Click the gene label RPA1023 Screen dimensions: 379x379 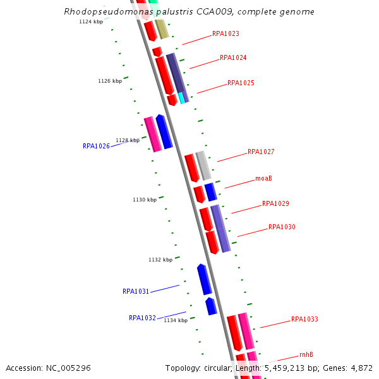(226, 33)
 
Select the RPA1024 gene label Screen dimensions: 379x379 (233, 58)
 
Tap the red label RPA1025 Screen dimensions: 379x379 (241, 83)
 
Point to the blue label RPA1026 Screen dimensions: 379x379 (96, 146)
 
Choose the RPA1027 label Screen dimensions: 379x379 (261, 152)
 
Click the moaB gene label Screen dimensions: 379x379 (263, 178)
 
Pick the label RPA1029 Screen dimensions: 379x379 (275, 204)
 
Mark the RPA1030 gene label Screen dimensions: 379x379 (282, 227)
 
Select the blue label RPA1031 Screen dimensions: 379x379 (136, 292)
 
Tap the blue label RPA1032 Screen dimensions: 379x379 (142, 318)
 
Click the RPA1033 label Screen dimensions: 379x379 (304, 320)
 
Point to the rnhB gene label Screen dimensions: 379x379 (306, 355)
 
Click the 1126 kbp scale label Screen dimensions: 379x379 (110, 81)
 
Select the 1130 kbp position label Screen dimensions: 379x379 (145, 200)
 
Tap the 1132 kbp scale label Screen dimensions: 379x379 (160, 260)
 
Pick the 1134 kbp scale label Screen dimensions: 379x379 (176, 320)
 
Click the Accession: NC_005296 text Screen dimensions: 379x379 (48, 368)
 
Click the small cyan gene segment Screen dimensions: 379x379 (181, 98)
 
